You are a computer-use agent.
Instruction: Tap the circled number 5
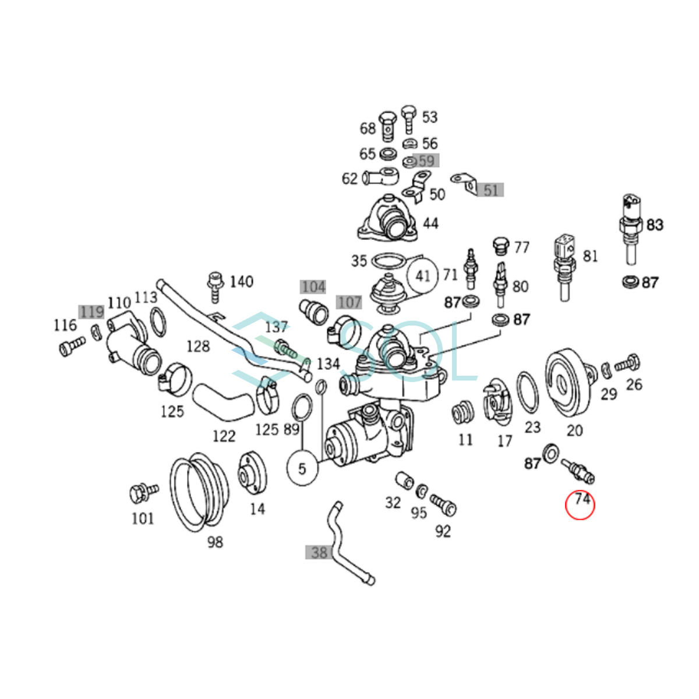click(x=302, y=468)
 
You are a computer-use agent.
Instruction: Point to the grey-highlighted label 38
click(x=319, y=552)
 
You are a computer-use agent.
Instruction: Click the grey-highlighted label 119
click(x=92, y=312)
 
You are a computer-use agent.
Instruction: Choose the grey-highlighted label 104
click(x=313, y=287)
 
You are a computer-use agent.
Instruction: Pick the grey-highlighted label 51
click(x=490, y=190)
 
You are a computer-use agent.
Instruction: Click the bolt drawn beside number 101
click(x=142, y=492)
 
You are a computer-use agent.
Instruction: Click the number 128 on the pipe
click(x=198, y=346)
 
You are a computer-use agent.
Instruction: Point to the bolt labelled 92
click(x=443, y=504)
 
